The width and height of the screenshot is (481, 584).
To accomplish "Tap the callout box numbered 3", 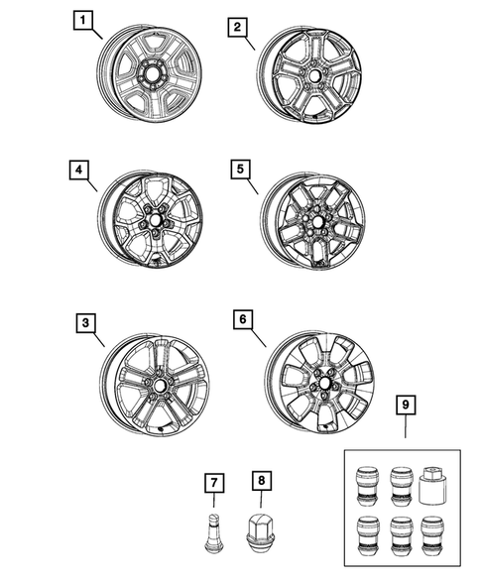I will pos(86,322).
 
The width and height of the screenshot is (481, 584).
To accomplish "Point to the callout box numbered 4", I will pos(78,170).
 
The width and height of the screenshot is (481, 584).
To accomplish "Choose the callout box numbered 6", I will pos(241,319).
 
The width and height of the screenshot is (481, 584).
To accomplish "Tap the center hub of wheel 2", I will pos(312,75).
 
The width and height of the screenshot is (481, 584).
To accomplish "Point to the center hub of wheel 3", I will pos(158,384).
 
